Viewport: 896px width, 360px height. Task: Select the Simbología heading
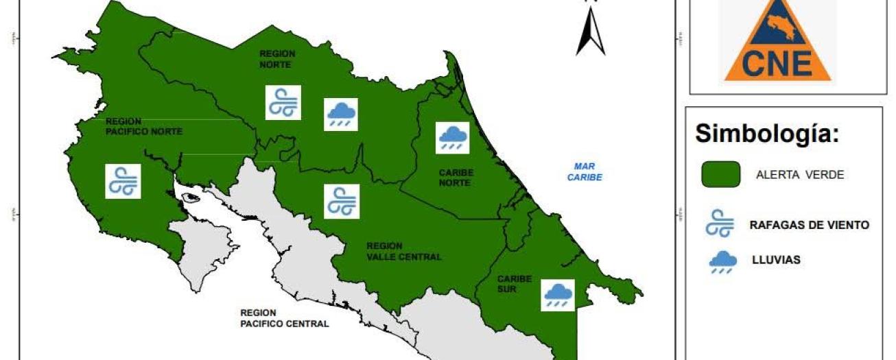(x=767, y=134)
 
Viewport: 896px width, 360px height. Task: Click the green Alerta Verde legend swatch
(x=720, y=174)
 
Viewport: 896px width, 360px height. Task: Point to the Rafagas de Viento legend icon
(x=720, y=224)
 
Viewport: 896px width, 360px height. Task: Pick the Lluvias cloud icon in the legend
(x=722, y=261)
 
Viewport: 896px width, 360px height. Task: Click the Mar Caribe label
(x=585, y=171)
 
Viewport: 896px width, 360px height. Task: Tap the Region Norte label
(x=276, y=59)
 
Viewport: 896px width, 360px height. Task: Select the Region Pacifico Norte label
(x=144, y=126)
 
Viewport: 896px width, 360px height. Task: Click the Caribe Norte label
(x=454, y=178)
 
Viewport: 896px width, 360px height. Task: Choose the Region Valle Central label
(x=403, y=251)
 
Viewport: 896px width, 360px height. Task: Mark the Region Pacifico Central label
(x=284, y=317)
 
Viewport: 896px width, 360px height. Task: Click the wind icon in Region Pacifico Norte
(x=123, y=181)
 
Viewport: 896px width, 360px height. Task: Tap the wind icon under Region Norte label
(x=283, y=103)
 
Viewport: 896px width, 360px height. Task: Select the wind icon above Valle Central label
(x=342, y=202)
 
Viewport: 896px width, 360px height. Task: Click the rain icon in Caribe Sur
(x=557, y=295)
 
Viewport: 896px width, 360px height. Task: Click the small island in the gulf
(x=191, y=197)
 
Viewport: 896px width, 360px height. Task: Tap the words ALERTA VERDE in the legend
(x=799, y=175)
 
